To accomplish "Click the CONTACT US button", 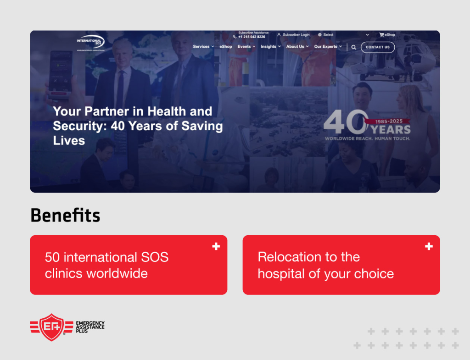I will point(377,47).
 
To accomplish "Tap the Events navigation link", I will point(244,47).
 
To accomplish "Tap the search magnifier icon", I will point(354,47).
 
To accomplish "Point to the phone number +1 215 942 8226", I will point(252,37).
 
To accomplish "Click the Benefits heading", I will point(65,215).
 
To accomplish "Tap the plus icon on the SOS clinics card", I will point(216,247).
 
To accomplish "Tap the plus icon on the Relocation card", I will point(429,247).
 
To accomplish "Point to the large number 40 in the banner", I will point(344,122).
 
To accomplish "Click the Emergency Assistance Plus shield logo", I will point(51,327).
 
